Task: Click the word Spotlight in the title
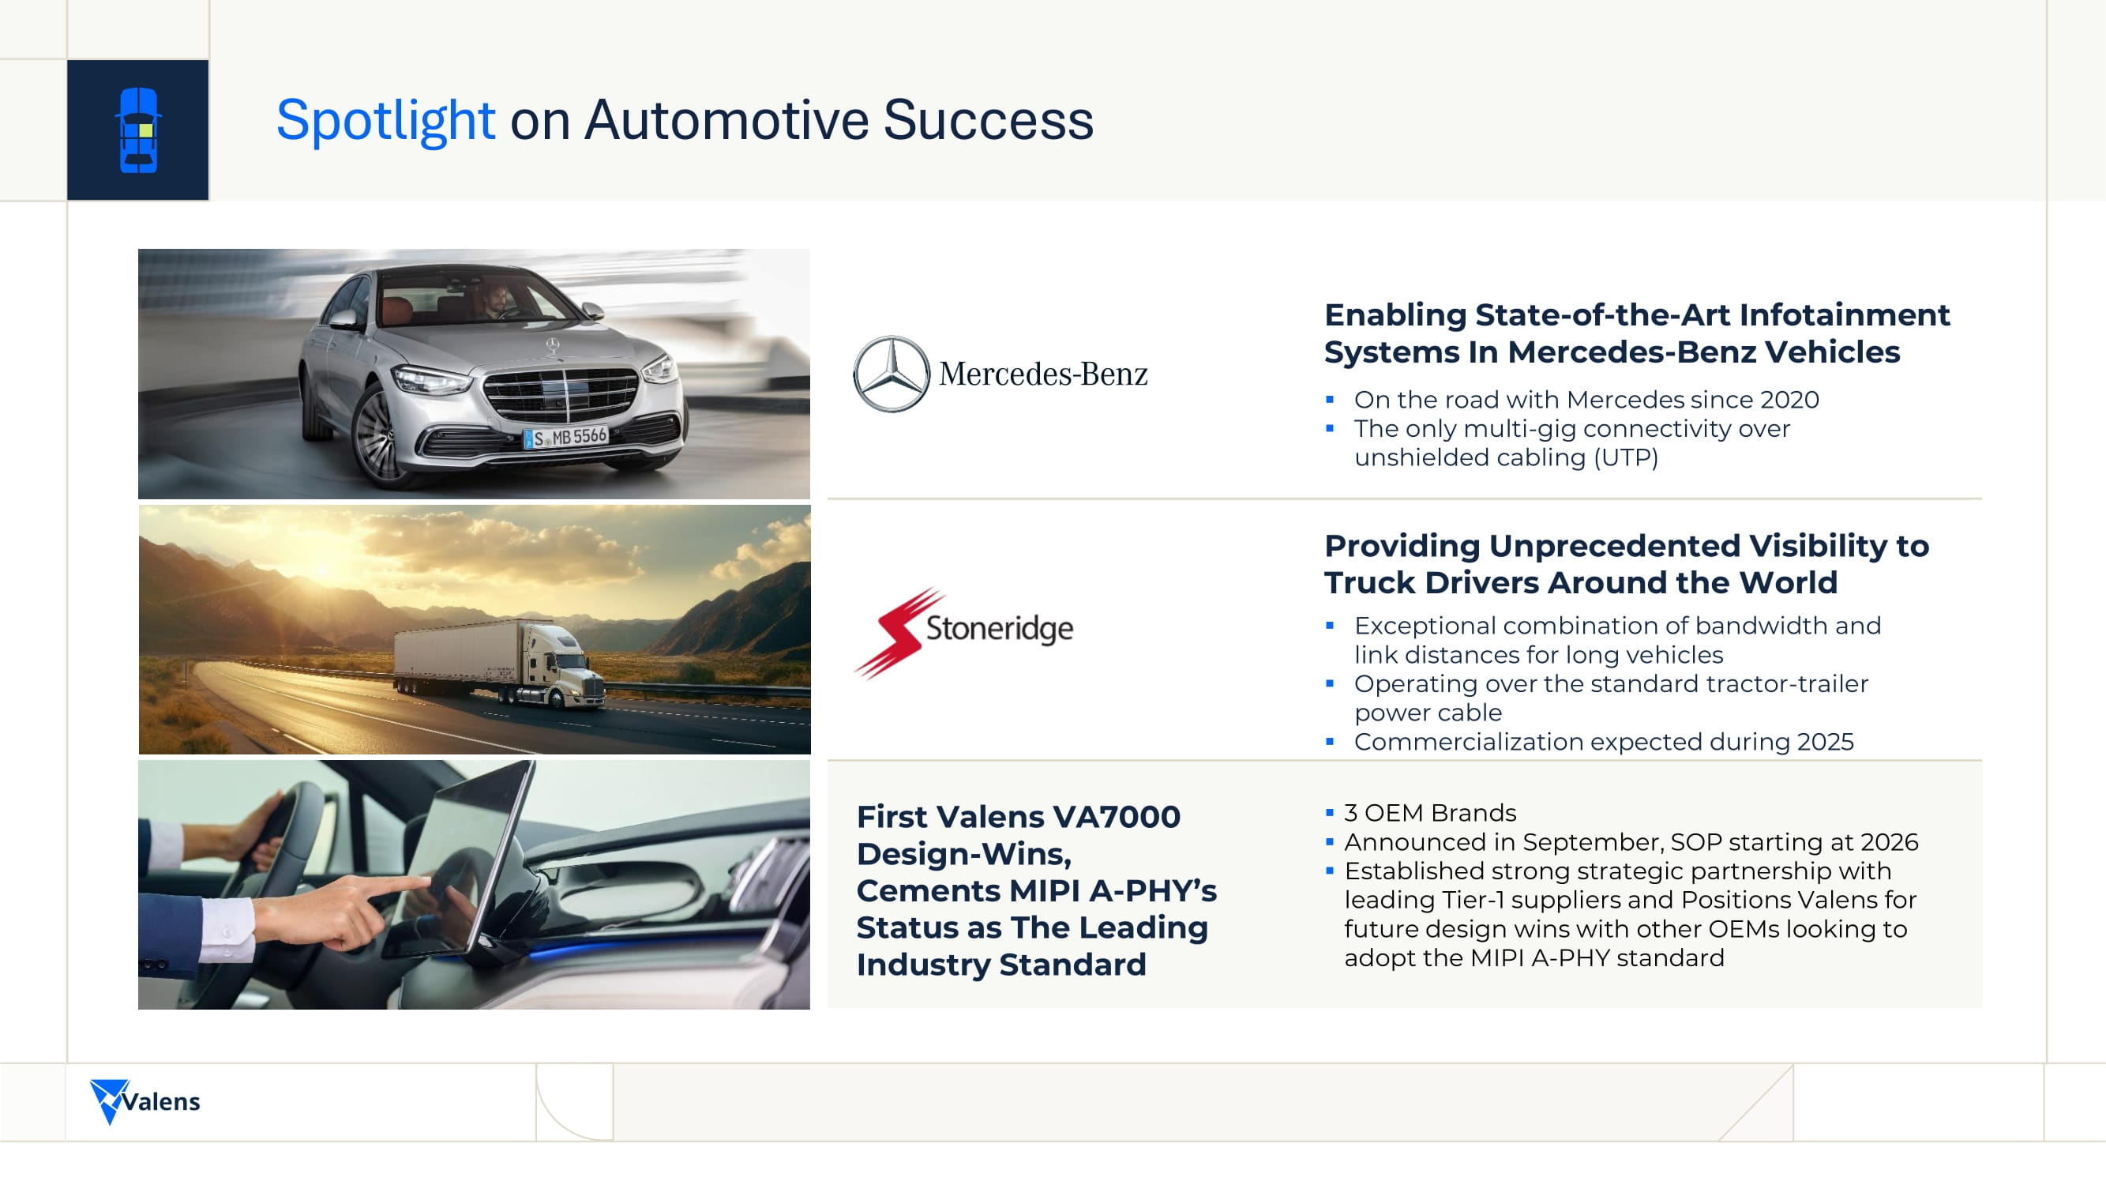[x=385, y=121]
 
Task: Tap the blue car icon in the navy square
[x=138, y=130]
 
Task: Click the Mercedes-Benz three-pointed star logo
[x=892, y=374]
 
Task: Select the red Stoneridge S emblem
[x=899, y=632]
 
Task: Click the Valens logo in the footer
[x=145, y=1100]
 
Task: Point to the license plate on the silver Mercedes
[x=566, y=437]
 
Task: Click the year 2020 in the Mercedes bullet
[x=1789, y=399]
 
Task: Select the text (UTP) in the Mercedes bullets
[x=1626, y=457]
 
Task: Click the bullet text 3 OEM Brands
[x=1430, y=812]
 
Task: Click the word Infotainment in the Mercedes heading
[x=1845, y=314]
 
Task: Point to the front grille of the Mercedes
[x=561, y=393]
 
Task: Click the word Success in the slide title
[x=989, y=121]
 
